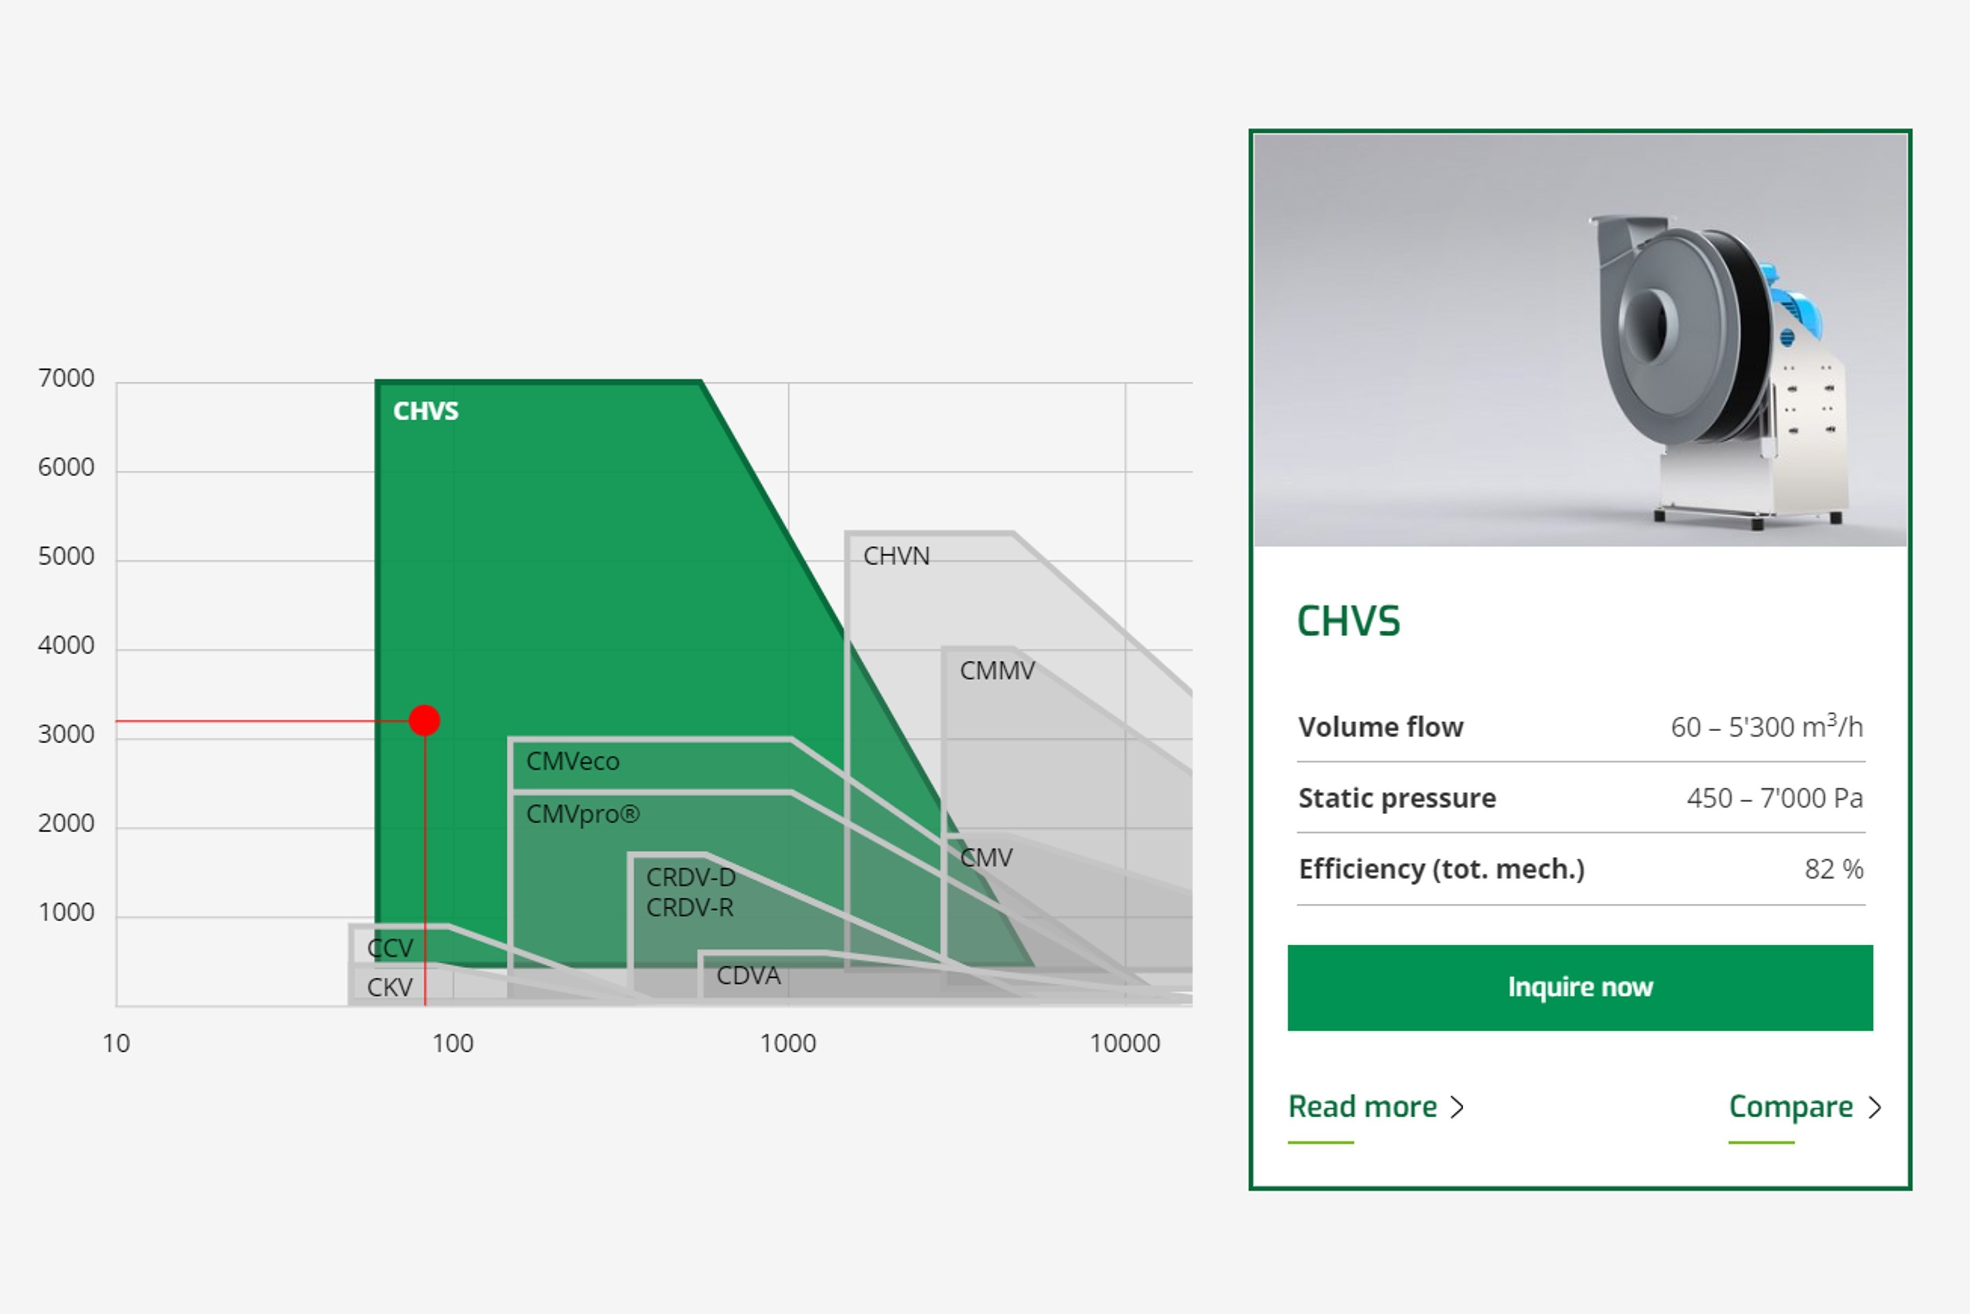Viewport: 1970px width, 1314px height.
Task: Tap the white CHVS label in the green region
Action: (426, 411)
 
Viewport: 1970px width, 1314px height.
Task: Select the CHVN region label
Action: (897, 556)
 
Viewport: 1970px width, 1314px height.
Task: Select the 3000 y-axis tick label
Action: (66, 735)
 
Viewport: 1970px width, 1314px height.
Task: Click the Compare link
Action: (1805, 1108)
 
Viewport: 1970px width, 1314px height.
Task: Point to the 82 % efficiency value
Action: (1834, 870)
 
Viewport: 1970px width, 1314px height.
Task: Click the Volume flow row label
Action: (1381, 727)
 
